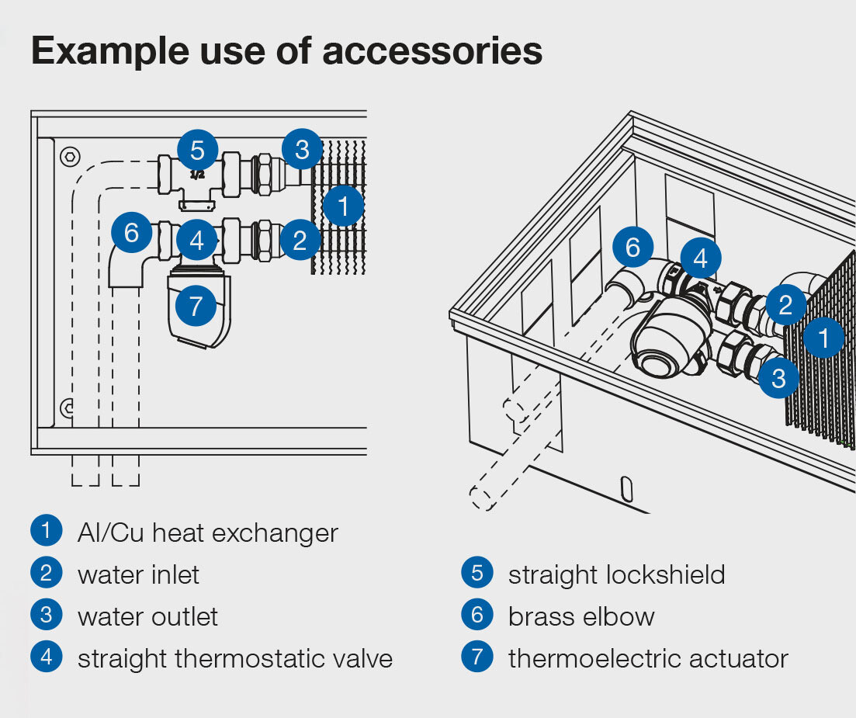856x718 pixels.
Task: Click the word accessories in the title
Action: (432, 51)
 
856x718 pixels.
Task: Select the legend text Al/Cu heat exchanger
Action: (208, 533)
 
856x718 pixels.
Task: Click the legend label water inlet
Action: (138, 574)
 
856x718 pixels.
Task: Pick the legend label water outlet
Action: (147, 616)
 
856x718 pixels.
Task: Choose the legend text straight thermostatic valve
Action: (234, 658)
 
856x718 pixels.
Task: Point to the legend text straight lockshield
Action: (616, 574)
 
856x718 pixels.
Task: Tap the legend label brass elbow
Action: (581, 616)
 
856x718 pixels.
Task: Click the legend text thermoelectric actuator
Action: (648, 658)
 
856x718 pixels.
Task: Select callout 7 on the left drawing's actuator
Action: (196, 306)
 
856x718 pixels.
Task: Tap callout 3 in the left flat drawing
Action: (302, 151)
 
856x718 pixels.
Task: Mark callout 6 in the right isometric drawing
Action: (633, 248)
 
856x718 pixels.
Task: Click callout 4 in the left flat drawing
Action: (196, 240)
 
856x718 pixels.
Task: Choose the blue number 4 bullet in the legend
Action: (47, 657)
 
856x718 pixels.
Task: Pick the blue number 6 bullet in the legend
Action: (477, 616)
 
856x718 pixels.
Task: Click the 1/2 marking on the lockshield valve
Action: (197, 175)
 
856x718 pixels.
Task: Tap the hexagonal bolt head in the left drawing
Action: (70, 155)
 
